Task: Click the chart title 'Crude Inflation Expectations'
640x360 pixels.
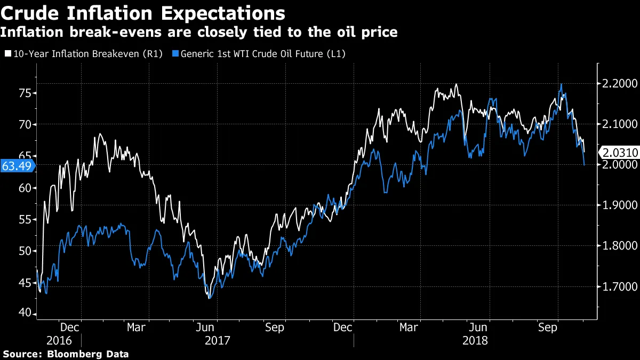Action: [x=142, y=12]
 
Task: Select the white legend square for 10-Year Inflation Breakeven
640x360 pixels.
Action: [x=7, y=54]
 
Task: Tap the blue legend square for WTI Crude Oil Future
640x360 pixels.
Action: [x=176, y=54]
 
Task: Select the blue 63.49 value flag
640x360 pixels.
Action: [x=16, y=166]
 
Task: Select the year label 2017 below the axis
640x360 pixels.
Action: [x=217, y=340]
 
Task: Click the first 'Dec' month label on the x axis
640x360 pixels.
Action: [x=70, y=326]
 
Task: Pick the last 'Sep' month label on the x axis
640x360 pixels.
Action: [x=548, y=326]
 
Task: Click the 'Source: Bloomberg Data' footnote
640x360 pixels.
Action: [x=66, y=354]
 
